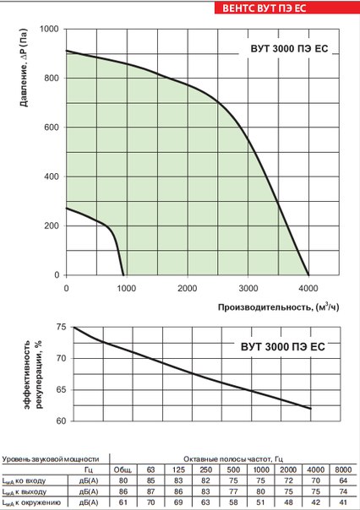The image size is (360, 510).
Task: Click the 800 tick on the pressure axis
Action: (52, 79)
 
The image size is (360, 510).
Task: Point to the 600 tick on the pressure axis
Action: (52, 128)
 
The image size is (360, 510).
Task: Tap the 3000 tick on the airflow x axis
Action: (248, 288)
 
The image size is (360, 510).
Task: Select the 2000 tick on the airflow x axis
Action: (187, 288)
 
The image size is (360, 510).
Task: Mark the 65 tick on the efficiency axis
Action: (57, 389)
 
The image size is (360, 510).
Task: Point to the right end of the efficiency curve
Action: (310, 409)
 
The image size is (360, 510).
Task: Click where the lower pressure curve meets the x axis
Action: (124, 275)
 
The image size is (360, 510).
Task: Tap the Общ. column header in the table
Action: (123, 469)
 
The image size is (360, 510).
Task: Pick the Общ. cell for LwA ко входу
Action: (123, 480)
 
